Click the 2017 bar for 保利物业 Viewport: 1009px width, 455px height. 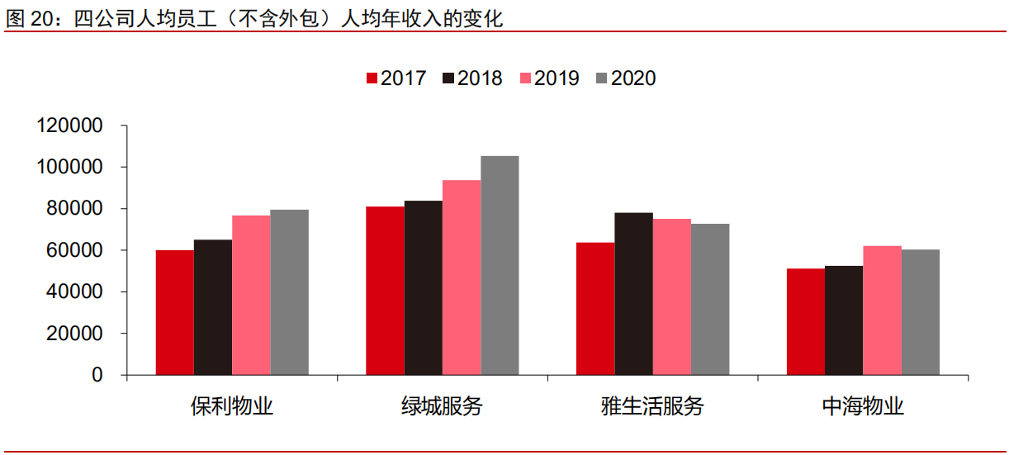[x=174, y=312]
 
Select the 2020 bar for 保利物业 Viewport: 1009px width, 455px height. [x=289, y=292]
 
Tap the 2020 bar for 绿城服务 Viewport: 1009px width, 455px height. [x=500, y=265]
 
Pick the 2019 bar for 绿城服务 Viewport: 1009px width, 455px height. [x=462, y=277]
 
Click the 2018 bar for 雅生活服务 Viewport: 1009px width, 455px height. [x=633, y=294]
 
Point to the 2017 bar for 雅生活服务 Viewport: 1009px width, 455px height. [x=595, y=308]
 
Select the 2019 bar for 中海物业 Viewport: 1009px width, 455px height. [x=882, y=310]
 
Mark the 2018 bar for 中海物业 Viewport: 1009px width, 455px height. [x=844, y=320]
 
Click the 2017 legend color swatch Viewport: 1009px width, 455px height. [x=372, y=78]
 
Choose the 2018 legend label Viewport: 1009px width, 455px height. [x=480, y=78]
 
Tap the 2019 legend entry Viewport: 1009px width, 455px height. [x=549, y=78]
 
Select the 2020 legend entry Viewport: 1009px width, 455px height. [x=626, y=78]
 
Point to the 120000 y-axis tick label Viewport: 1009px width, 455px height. [x=69, y=126]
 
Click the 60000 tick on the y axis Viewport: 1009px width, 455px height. [x=74, y=250]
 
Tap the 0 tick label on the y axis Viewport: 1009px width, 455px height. [x=97, y=375]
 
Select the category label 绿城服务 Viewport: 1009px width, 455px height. [x=442, y=406]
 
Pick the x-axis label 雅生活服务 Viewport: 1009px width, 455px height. [x=652, y=406]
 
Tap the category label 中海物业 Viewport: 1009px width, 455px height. [x=863, y=406]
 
